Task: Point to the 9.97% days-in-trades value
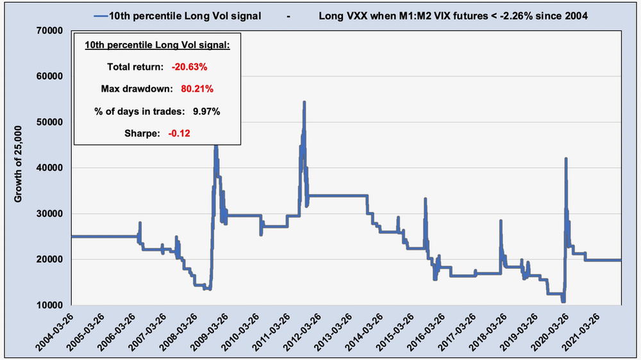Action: pyautogui.click(x=207, y=111)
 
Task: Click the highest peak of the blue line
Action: pyautogui.click(x=304, y=102)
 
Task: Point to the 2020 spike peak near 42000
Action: pyautogui.click(x=565, y=158)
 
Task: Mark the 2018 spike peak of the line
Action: pyautogui.click(x=501, y=221)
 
